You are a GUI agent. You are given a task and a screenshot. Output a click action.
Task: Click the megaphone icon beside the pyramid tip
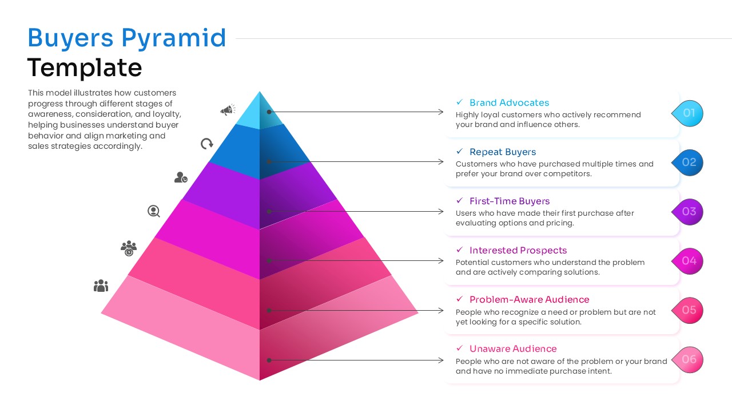pyautogui.click(x=228, y=110)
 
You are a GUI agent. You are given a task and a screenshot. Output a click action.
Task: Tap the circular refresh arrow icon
pyautogui.click(x=206, y=144)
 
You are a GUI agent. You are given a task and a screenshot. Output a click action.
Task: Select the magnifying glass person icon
pyautogui.click(x=153, y=211)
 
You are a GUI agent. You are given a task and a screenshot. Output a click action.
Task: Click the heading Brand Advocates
pyautogui.click(x=509, y=103)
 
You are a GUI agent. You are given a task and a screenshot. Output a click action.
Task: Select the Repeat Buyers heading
pyautogui.click(x=503, y=152)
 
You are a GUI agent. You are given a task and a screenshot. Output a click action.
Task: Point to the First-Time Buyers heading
pyautogui.click(x=510, y=201)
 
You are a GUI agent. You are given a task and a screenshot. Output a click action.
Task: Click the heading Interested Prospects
pyautogui.click(x=518, y=251)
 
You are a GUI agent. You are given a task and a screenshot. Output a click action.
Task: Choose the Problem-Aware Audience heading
pyautogui.click(x=529, y=300)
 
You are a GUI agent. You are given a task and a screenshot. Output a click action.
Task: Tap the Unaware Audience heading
pyautogui.click(x=513, y=349)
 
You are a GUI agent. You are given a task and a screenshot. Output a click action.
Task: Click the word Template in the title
pyautogui.click(x=85, y=68)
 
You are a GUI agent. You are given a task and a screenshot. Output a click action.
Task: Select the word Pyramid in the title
pyautogui.click(x=174, y=38)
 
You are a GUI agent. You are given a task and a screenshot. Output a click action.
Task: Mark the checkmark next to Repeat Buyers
pyautogui.click(x=459, y=152)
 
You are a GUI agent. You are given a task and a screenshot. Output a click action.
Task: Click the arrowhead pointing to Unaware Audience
pyautogui.click(x=441, y=360)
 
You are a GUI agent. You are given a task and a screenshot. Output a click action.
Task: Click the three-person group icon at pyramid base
pyautogui.click(x=101, y=286)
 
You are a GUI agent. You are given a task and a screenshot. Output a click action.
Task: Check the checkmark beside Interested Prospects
pyautogui.click(x=459, y=250)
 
